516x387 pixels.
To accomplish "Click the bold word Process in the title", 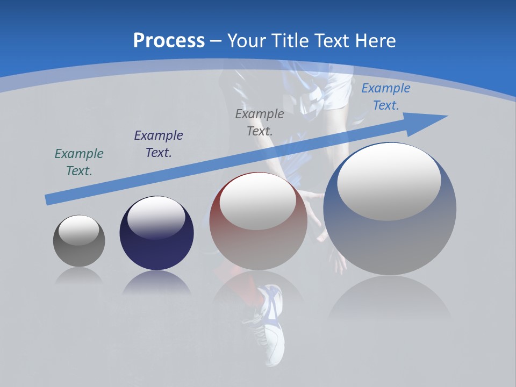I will [169, 41].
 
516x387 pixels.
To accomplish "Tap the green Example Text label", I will [79, 162].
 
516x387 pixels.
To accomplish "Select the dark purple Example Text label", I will [159, 144].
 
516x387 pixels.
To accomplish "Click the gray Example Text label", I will [260, 122].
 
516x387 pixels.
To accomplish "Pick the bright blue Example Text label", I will [385, 97].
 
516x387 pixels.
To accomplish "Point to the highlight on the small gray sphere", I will [79, 230].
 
